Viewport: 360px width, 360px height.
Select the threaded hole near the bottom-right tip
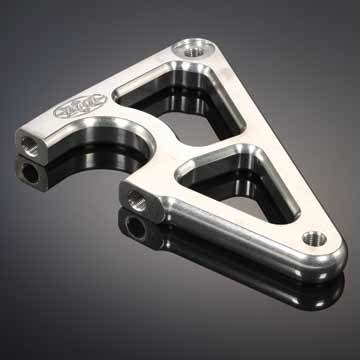pyautogui.click(x=314, y=237)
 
